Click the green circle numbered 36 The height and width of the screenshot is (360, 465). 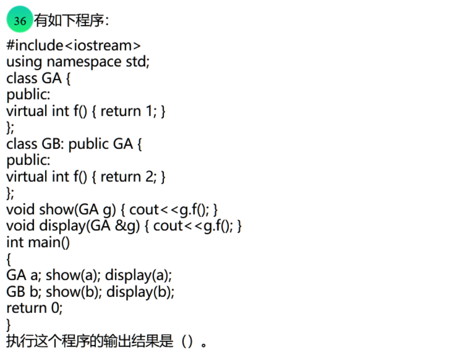pos(19,21)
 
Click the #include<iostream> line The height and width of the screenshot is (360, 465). pos(74,46)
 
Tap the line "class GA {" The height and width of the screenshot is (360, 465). pos(38,78)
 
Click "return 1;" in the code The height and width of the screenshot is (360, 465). pos(128,111)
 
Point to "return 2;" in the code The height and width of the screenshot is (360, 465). pos(128,176)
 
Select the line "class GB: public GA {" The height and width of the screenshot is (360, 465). pos(74,144)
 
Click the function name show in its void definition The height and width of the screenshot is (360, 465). pos(56,209)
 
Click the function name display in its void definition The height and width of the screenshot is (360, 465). pos(62,226)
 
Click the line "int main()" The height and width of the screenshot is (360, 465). pos(38,242)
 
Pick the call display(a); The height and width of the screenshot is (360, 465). pos(139,275)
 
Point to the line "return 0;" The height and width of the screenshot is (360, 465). pos(34,308)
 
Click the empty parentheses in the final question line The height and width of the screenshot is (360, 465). pos(187,341)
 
